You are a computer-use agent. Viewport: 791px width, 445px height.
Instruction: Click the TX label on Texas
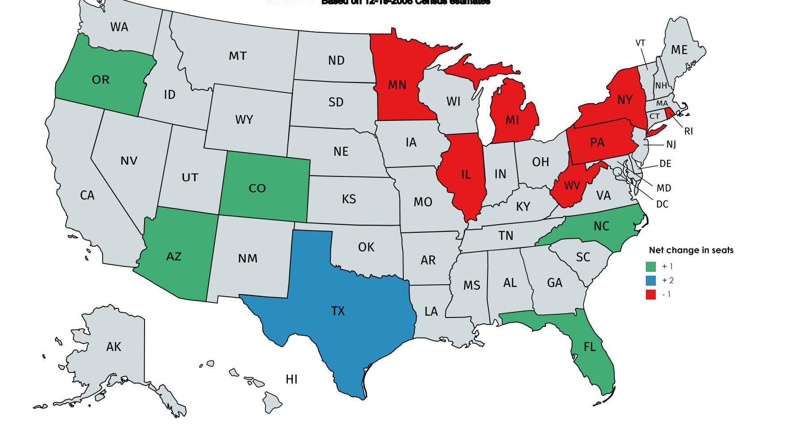(338, 311)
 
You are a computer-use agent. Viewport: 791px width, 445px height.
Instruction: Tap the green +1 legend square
(650, 266)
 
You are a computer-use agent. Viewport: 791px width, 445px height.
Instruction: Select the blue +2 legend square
(650, 280)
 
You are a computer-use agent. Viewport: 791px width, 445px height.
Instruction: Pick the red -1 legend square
(650, 294)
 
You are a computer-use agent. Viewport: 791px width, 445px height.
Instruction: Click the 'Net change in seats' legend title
(691, 250)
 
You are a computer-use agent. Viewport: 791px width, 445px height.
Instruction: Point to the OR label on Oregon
(100, 80)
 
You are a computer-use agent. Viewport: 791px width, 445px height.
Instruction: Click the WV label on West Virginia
(572, 185)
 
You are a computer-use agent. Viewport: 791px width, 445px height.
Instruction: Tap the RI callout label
(688, 131)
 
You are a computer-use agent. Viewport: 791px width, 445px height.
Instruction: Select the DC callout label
(662, 204)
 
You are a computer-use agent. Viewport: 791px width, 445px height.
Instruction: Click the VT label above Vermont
(640, 43)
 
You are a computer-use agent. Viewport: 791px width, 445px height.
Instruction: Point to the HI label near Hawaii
(291, 379)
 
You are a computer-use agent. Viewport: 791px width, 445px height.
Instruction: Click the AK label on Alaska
(114, 347)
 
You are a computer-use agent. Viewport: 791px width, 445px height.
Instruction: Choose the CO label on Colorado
(257, 188)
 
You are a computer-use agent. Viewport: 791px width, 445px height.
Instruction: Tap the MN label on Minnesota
(397, 85)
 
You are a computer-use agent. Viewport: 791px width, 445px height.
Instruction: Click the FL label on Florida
(590, 347)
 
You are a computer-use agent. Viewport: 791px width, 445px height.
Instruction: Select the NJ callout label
(671, 144)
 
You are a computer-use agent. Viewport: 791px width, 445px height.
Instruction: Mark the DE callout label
(665, 164)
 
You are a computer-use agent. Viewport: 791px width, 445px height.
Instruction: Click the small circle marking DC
(618, 171)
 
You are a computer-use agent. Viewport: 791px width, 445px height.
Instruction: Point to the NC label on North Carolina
(601, 226)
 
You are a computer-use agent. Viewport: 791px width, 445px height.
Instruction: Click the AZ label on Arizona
(174, 257)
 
